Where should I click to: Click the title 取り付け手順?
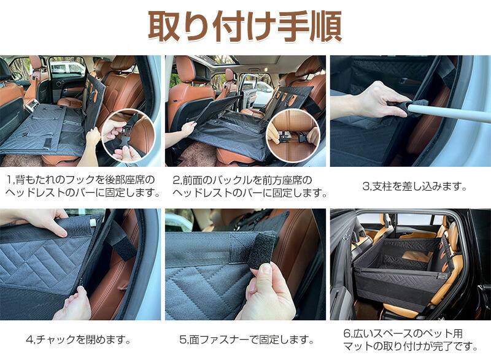coord(245,26)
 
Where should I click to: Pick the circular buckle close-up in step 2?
coord(293,135)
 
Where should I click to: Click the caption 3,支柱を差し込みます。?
coord(415,186)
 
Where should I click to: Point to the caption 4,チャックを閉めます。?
coord(79,339)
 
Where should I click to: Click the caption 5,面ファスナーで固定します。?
coord(247,339)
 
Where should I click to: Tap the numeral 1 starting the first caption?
coord(9,180)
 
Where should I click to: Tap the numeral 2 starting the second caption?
coord(176,180)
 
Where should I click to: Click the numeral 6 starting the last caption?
coord(346,334)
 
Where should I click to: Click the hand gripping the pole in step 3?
coord(372,101)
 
